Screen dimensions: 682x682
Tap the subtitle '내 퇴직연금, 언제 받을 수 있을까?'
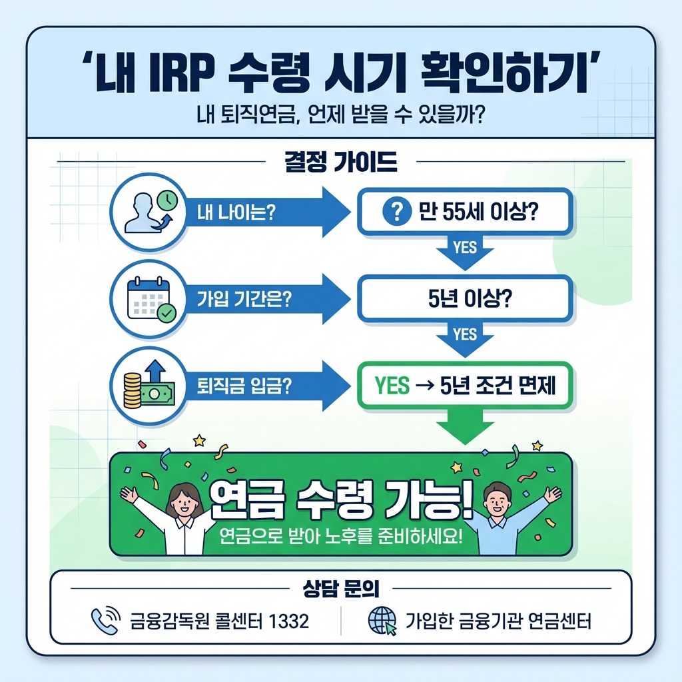tap(340, 116)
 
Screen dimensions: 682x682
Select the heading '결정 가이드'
tap(340, 162)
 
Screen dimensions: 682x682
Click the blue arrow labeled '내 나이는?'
tap(266, 212)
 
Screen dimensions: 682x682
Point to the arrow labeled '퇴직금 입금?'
tap(266, 386)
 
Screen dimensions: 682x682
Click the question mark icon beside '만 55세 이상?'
tap(396, 212)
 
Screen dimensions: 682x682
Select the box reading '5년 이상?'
tap(465, 298)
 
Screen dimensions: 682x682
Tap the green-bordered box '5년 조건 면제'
tap(465, 386)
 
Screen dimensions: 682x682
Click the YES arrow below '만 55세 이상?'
tap(465, 250)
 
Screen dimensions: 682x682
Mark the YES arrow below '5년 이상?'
tap(465, 337)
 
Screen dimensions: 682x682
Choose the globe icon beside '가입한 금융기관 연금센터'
tap(382, 621)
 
